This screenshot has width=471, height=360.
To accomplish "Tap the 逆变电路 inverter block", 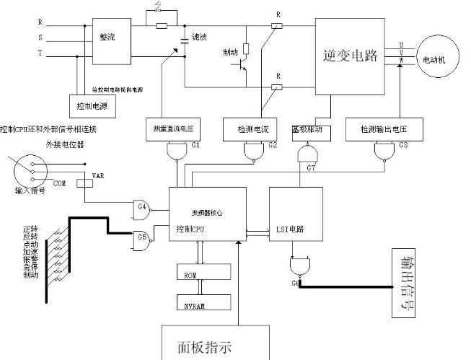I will pos(351,56).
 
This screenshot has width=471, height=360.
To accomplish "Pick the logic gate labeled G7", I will pos(308,155).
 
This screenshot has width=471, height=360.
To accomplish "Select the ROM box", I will pos(203,272).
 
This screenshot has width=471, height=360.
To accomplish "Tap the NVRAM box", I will pos(203,302).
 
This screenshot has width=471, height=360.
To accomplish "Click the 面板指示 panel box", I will pos(206,345).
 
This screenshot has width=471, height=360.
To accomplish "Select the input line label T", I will pos(40,54).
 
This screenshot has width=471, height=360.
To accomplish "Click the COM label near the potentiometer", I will pos(60,184).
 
